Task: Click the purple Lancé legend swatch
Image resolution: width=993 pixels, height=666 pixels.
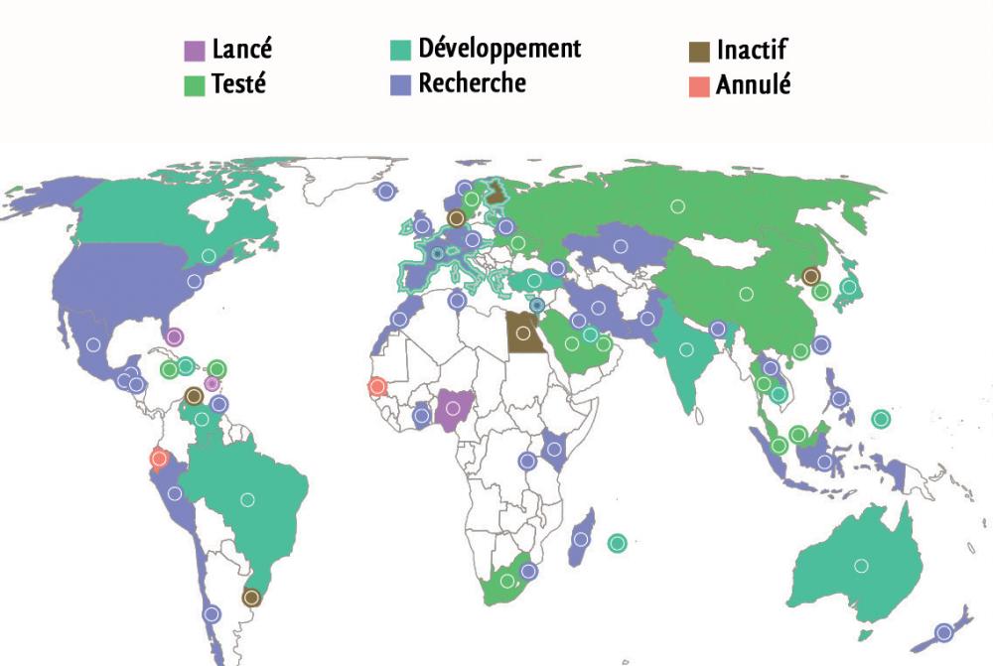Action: pyautogui.click(x=196, y=50)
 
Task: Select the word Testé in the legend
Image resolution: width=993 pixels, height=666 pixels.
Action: pyautogui.click(x=238, y=84)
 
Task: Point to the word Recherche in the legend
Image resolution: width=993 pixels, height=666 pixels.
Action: pyautogui.click(x=472, y=82)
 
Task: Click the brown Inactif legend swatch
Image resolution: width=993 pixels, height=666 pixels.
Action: pyautogui.click(x=699, y=51)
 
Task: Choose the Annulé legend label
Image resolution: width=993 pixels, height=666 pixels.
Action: pyautogui.click(x=754, y=84)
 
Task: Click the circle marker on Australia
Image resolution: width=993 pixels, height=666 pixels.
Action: pyautogui.click(x=861, y=565)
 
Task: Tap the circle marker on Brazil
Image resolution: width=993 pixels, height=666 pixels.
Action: pyautogui.click(x=247, y=499)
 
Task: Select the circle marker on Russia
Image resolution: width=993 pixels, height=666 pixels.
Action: pyautogui.click(x=677, y=206)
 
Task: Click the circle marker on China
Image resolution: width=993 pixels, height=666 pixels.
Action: pyautogui.click(x=746, y=293)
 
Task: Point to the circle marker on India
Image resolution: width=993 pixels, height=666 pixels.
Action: pyautogui.click(x=686, y=348)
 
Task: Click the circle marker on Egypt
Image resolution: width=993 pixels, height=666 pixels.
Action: pyautogui.click(x=523, y=333)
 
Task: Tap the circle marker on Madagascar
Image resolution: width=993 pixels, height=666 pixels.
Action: pyautogui.click(x=581, y=539)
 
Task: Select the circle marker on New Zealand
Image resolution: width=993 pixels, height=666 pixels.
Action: pyautogui.click(x=944, y=632)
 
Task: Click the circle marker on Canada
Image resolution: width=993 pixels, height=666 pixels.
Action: pyautogui.click(x=209, y=255)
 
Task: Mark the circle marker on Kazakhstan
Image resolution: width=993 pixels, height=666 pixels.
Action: pyautogui.click(x=622, y=245)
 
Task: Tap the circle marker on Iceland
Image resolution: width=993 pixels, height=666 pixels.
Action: pyautogui.click(x=385, y=193)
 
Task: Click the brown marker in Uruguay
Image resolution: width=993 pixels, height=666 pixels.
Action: pyautogui.click(x=251, y=598)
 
